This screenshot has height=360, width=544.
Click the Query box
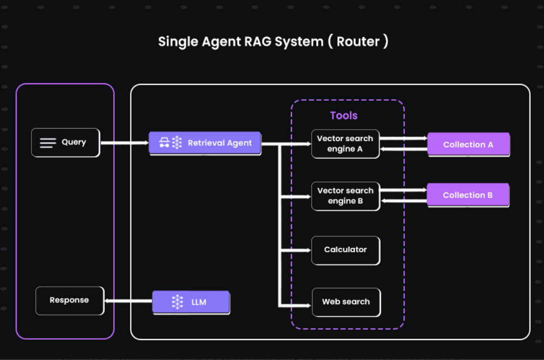[65, 143]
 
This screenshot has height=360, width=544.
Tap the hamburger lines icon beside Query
[48, 143]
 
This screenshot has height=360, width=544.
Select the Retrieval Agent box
[205, 143]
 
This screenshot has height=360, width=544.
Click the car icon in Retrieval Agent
[164, 143]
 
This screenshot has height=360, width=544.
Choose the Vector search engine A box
[345, 144]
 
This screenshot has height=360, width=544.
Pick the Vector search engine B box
[345, 196]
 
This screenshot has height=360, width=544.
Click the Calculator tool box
[345, 250]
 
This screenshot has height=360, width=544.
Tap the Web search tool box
[346, 302]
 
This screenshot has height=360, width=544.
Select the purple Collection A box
[468, 145]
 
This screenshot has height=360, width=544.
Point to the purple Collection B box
[468, 195]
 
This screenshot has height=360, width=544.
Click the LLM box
[191, 302]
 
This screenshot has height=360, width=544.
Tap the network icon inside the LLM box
[177, 302]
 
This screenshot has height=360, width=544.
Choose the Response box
[70, 301]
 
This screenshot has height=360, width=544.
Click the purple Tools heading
[344, 116]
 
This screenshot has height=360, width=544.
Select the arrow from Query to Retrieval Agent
[125, 143]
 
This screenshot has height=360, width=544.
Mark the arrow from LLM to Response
[129, 301]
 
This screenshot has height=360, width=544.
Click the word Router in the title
[358, 41]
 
